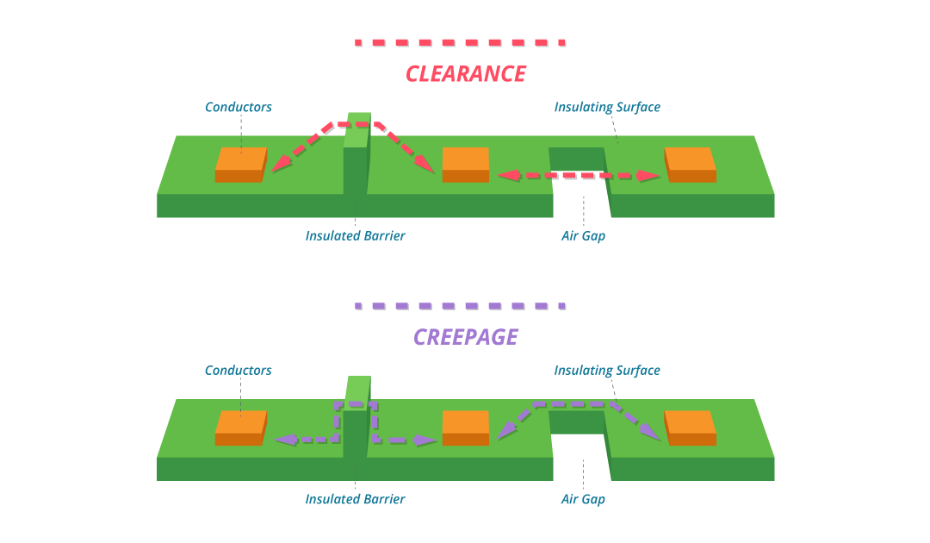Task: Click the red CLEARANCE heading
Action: (465, 74)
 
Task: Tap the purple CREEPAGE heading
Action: (465, 337)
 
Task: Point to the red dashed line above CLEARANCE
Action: (460, 42)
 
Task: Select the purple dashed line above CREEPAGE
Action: (460, 306)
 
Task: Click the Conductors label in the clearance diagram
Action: (239, 108)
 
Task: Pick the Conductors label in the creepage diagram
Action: (239, 371)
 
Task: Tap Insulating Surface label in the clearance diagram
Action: (607, 108)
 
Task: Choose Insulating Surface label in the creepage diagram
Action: (607, 371)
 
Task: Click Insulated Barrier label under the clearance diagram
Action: (355, 235)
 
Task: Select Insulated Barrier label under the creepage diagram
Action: (355, 499)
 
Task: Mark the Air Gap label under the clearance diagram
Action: (583, 235)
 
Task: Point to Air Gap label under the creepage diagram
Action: (583, 499)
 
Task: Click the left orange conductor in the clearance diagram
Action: (240, 164)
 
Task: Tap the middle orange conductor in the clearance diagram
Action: (465, 164)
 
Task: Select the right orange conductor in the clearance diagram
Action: (690, 164)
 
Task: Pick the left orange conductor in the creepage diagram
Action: (240, 428)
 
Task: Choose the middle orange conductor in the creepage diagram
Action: (465, 428)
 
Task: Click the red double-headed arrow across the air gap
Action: (579, 176)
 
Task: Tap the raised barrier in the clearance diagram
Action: (356, 164)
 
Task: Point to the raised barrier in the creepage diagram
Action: (356, 428)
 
